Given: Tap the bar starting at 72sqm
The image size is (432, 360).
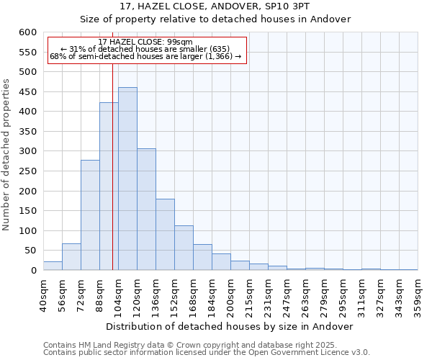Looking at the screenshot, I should click(90, 215).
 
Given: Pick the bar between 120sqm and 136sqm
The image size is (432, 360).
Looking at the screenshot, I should click(146, 210).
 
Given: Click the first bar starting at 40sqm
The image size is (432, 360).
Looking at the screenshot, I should click(53, 266).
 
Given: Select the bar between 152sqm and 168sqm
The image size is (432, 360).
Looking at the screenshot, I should click(184, 248).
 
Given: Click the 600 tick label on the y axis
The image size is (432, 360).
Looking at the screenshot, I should click(27, 32).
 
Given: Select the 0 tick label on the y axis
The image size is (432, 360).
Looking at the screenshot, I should click(32, 271).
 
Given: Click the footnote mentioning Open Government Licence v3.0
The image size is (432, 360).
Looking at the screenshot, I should click(207, 352).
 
